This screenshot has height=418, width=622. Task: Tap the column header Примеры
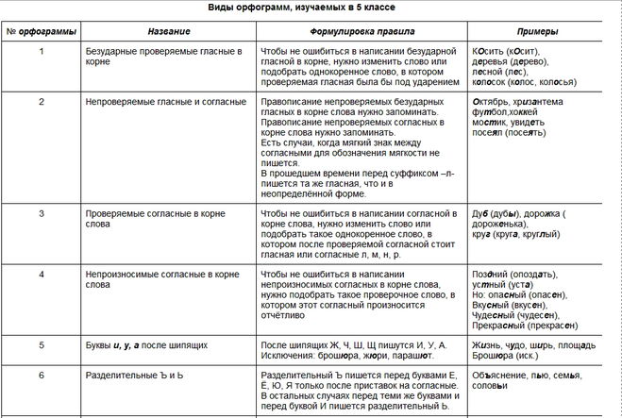click(x=543, y=32)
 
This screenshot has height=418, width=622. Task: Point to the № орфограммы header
click(x=40, y=32)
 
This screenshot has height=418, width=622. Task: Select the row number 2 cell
click(x=41, y=100)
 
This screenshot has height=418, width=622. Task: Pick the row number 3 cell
click(x=41, y=213)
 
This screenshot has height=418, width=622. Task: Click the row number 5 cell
click(x=41, y=344)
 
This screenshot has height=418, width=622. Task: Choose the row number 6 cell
click(x=41, y=374)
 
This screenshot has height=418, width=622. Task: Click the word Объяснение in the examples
click(x=500, y=374)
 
